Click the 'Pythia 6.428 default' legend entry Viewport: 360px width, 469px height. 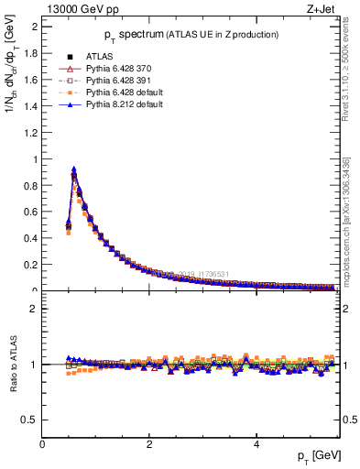point(118,93)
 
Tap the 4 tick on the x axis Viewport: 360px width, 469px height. point(256,445)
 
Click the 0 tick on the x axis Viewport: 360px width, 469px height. point(42,445)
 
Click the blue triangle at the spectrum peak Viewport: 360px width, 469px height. point(73,169)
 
